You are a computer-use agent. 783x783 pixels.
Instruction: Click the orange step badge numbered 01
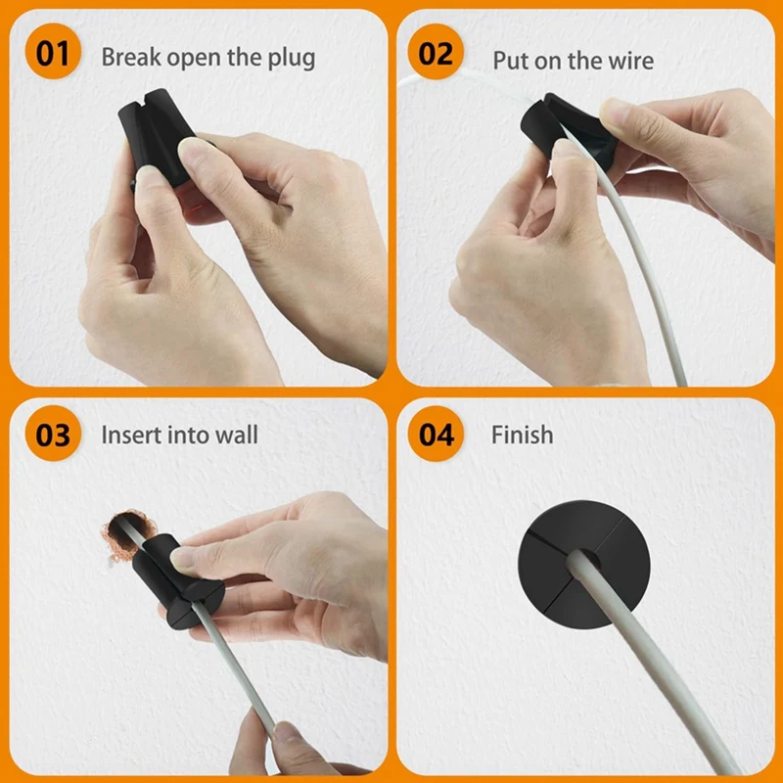tap(53, 54)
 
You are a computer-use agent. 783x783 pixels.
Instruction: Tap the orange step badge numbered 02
tap(436, 54)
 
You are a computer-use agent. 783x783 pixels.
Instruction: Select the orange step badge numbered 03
tap(53, 434)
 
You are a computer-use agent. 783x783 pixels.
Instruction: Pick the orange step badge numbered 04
tap(436, 434)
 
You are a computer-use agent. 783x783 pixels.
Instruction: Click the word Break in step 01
tap(130, 57)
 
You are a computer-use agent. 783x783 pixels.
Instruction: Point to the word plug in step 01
tap(291, 58)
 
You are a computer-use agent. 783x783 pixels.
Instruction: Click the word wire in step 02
tap(629, 60)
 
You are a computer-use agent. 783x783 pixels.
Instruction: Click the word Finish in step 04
tap(522, 435)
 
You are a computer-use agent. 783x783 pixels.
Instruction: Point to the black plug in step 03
tap(181, 587)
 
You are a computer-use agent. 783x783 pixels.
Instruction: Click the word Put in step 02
tap(510, 60)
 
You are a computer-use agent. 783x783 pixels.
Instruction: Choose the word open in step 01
tap(194, 58)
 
